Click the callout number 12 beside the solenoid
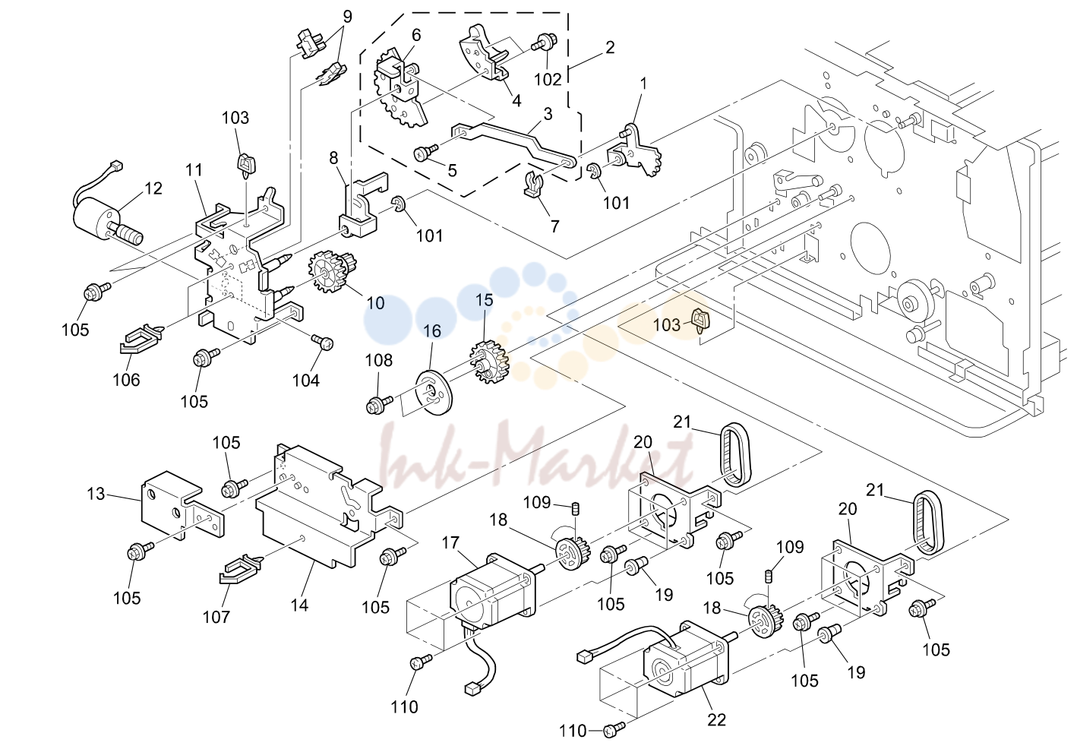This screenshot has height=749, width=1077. click(x=153, y=188)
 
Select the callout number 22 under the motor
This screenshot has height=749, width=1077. click(x=716, y=719)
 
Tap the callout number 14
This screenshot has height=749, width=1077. click(x=299, y=605)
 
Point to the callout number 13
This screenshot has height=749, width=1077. click(x=96, y=493)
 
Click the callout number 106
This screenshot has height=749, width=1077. click(x=126, y=380)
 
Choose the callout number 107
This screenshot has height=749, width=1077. click(x=216, y=616)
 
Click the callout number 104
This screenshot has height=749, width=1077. click(x=306, y=381)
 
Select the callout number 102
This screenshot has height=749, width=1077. click(x=548, y=79)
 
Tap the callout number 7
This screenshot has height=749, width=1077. click(x=555, y=226)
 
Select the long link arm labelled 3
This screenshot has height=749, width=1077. click(x=513, y=146)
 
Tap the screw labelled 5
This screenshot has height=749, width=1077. click(x=425, y=153)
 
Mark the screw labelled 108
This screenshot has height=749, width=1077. click(x=379, y=403)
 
